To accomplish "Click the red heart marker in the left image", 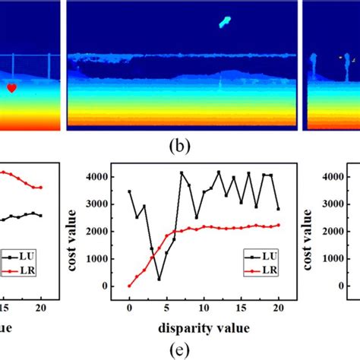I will point(11,88).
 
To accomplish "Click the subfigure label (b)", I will point(179,141).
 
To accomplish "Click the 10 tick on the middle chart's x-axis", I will point(203,310).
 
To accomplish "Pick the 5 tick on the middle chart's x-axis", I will point(166,310).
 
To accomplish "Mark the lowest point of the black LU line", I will point(159,279).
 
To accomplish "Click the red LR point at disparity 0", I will point(129,286).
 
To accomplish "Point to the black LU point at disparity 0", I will point(129,191).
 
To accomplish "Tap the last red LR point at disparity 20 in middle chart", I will point(277,225).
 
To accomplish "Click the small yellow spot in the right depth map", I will point(339,56).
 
